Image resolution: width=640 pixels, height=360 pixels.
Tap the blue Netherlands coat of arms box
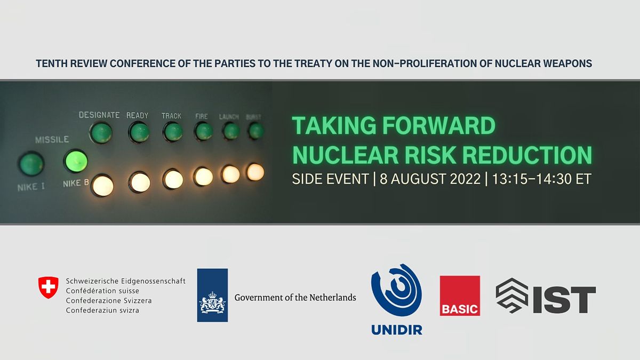tap(212, 295)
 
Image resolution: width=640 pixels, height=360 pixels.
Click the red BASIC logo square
tap(460, 295)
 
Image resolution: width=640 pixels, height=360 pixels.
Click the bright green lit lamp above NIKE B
tap(76, 161)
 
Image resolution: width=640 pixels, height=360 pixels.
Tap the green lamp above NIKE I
tap(31, 164)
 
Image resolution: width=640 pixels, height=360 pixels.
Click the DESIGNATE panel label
tap(99, 115)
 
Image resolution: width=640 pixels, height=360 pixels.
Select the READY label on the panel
tap(138, 115)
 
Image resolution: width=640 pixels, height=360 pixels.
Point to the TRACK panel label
tap(171, 116)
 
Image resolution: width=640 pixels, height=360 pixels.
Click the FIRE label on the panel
tap(202, 116)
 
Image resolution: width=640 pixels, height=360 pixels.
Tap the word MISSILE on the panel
tap(52, 140)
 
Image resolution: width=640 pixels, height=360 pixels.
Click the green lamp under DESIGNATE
tap(101, 133)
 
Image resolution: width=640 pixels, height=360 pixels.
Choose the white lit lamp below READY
tap(139, 182)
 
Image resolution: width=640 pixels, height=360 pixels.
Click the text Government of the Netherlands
tap(295, 297)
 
